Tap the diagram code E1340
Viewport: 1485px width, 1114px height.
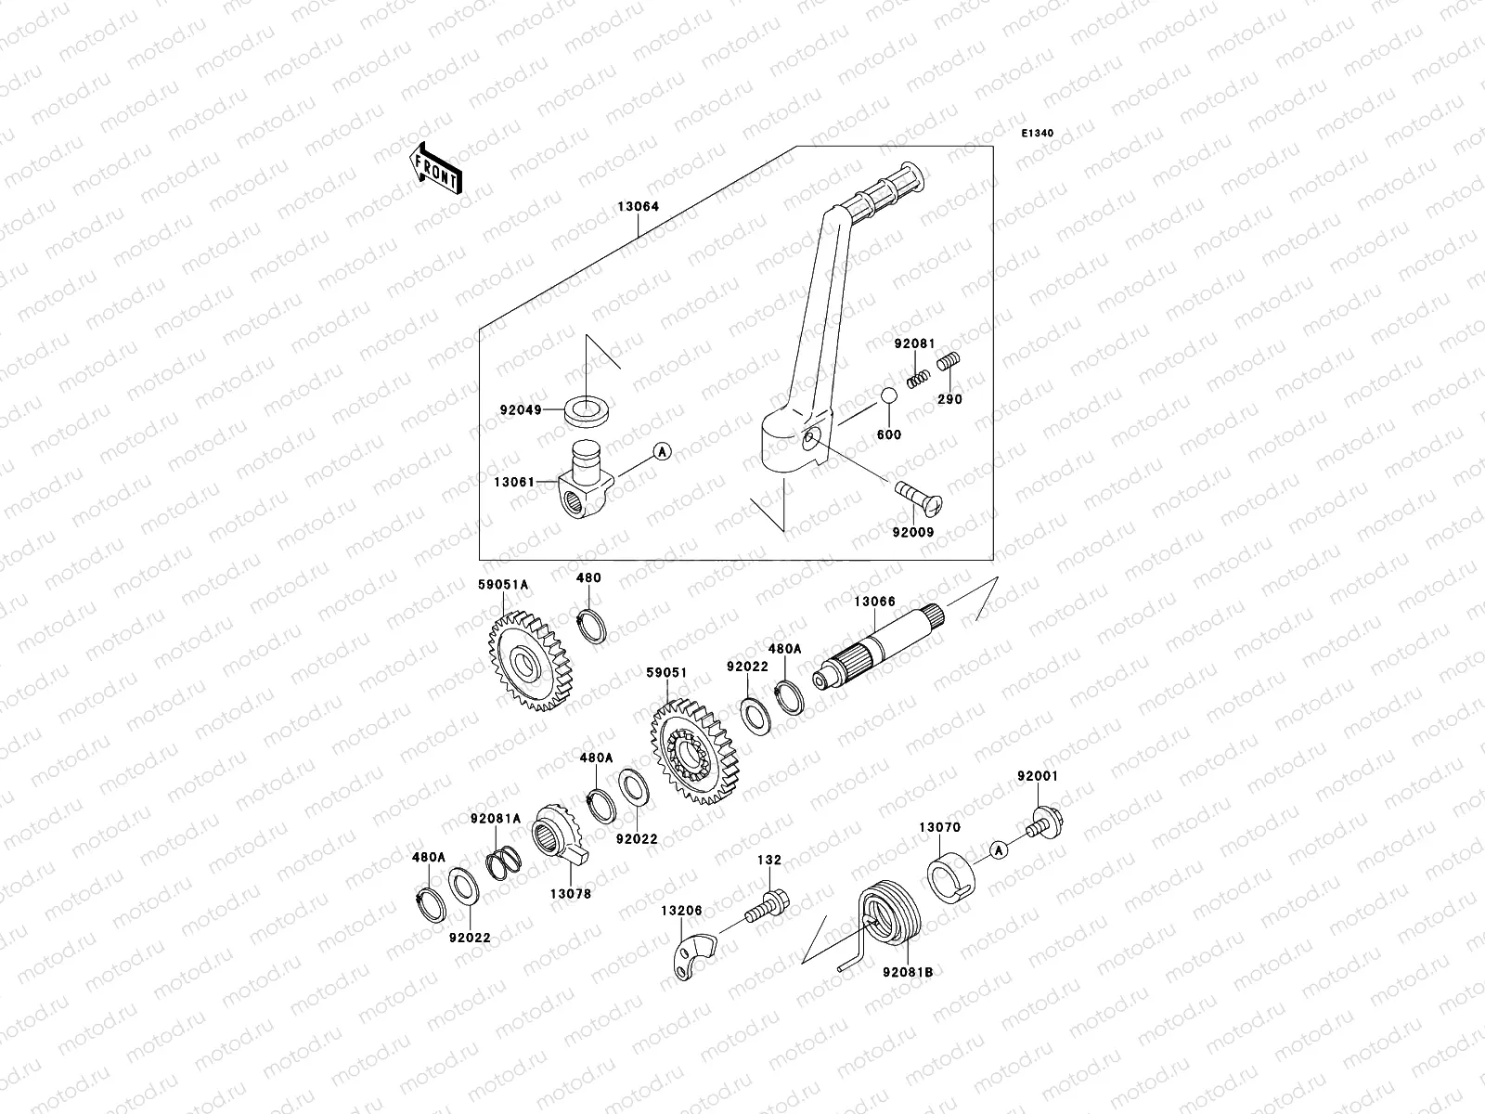[1038, 134]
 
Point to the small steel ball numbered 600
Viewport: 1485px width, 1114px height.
[888, 395]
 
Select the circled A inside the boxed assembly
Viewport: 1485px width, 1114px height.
[662, 452]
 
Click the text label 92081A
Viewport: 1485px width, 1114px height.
[496, 819]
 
